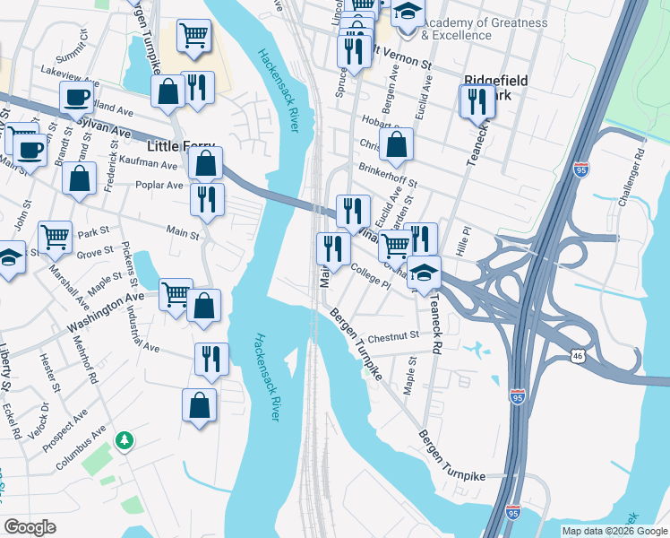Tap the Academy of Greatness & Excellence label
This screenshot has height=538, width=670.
459,29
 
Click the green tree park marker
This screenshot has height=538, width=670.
125,440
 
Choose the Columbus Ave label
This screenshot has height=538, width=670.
81,450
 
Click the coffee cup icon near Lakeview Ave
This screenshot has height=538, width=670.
77,98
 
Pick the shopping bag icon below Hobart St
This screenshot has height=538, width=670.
397,143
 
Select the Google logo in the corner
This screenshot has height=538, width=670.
30,527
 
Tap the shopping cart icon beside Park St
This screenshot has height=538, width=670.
55,238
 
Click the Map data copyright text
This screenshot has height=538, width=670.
614,531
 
